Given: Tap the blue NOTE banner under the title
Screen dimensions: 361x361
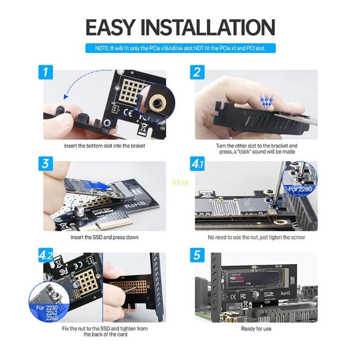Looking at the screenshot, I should click(180, 48).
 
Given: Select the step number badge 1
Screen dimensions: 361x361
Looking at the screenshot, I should click(45, 72).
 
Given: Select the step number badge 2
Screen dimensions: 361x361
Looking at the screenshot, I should click(197, 72).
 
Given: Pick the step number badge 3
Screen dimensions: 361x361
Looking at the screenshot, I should click(45, 163).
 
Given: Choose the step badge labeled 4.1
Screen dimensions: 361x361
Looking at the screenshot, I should click(198, 164).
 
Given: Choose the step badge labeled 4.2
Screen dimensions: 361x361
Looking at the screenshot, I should click(46, 255).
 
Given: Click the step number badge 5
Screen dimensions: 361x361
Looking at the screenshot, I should click(197, 255).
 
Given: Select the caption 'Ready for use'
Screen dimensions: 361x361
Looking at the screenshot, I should click(256, 329).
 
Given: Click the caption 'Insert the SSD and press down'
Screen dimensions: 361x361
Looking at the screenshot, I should click(104, 237).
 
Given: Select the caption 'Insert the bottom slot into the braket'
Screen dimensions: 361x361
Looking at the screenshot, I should click(104, 146).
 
